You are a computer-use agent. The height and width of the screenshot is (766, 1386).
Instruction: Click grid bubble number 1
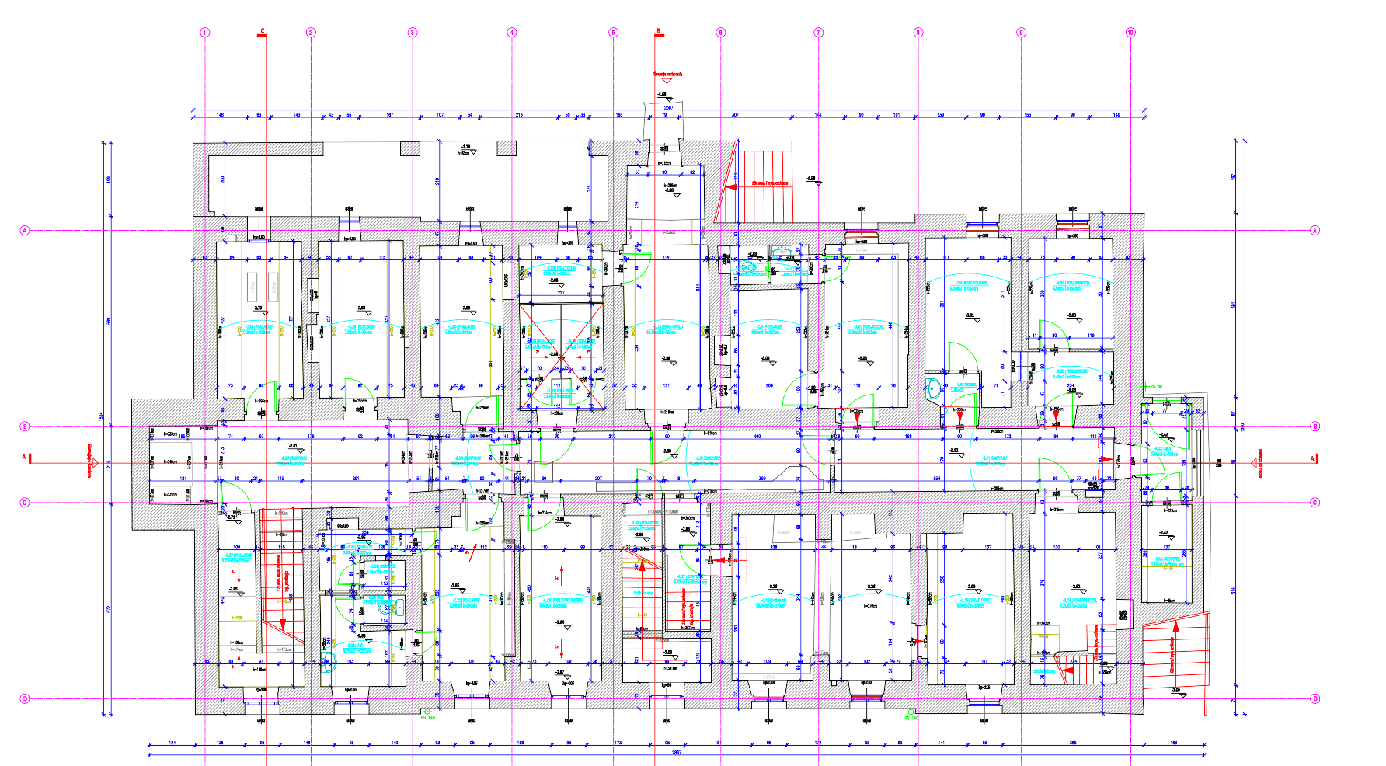click(x=205, y=33)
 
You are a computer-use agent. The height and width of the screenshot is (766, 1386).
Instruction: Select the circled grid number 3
click(x=413, y=33)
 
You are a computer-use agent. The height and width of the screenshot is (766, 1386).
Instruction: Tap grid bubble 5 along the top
click(x=613, y=33)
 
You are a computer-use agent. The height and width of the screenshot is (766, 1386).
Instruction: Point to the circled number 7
click(x=818, y=33)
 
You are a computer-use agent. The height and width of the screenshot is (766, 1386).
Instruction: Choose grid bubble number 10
click(x=1130, y=33)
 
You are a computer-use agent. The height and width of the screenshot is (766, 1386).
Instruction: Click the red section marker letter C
click(x=263, y=32)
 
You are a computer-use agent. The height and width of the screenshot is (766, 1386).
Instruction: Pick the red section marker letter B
click(x=659, y=32)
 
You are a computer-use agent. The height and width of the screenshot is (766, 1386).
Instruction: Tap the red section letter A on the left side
click(x=24, y=458)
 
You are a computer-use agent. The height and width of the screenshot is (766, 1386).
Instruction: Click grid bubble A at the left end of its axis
click(x=24, y=231)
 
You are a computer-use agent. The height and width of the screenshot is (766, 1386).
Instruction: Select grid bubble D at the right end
click(x=1315, y=698)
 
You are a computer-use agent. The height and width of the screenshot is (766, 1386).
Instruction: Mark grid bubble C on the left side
click(x=24, y=503)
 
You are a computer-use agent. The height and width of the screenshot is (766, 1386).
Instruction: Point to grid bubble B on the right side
click(x=1315, y=427)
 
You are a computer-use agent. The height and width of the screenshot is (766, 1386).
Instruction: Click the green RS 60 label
click(x=1156, y=386)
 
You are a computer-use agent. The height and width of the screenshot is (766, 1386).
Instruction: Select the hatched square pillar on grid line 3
click(x=410, y=148)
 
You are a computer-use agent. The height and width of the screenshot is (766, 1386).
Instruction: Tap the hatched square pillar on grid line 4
click(x=507, y=148)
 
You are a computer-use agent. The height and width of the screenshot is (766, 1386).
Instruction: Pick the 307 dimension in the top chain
click(x=735, y=115)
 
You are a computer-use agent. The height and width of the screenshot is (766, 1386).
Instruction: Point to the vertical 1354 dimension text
click(x=101, y=417)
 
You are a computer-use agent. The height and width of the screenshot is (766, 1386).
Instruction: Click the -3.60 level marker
click(x=1175, y=690)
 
